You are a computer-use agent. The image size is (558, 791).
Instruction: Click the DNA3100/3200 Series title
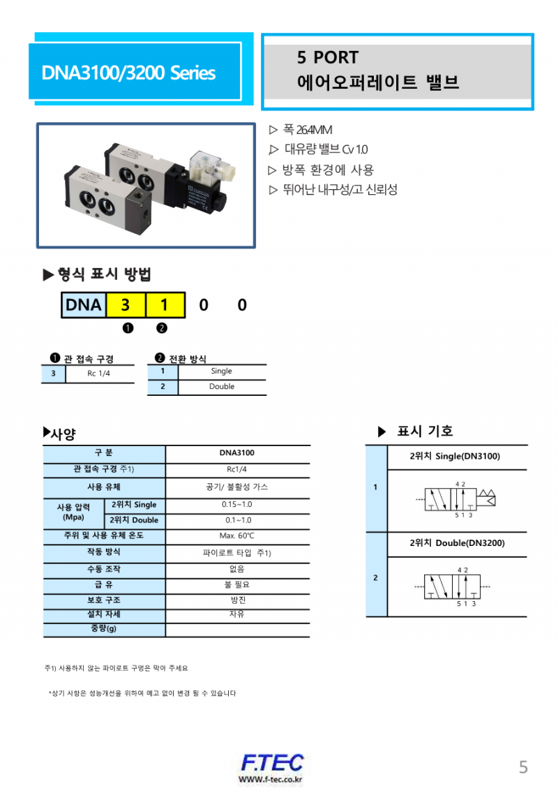click(x=128, y=73)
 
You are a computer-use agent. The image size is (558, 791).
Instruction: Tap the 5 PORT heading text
click(x=327, y=57)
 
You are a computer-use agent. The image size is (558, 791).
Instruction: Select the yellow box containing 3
click(x=125, y=305)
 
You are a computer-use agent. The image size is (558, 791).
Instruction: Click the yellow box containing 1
click(x=164, y=305)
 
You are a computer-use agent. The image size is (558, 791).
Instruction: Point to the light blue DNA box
click(x=83, y=305)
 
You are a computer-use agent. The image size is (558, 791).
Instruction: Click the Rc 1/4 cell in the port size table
click(x=99, y=374)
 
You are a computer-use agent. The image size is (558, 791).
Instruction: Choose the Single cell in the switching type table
click(x=221, y=371)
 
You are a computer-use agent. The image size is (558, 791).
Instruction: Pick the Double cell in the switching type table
click(x=221, y=387)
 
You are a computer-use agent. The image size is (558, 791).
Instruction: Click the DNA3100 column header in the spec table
click(x=237, y=453)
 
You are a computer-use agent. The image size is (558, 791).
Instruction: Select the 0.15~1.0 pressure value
click(x=237, y=505)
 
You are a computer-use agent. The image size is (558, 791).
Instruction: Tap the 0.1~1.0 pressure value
click(x=237, y=520)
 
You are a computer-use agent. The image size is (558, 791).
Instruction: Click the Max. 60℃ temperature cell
click(x=237, y=536)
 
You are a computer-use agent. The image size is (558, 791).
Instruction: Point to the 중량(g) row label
click(x=104, y=628)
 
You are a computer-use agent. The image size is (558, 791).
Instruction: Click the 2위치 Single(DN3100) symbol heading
click(x=454, y=456)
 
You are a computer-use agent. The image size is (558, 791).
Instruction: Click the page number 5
click(x=523, y=767)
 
